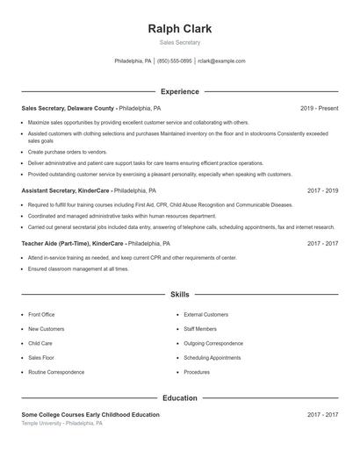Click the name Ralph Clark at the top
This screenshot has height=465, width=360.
[180, 28]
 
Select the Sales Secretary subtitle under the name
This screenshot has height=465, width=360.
[180, 42]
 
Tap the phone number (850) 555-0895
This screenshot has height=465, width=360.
[174, 61]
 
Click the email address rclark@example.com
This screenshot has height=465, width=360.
[221, 61]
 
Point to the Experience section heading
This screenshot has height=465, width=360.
[180, 91]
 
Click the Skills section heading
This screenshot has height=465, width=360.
[180, 296]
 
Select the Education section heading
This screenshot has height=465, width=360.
[180, 398]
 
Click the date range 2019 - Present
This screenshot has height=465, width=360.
[319, 108]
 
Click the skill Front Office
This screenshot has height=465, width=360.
[41, 314]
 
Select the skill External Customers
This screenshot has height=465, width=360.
[205, 314]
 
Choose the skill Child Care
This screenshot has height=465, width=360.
[40, 343]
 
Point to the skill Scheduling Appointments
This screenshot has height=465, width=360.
[212, 358]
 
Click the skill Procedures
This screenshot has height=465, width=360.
[197, 372]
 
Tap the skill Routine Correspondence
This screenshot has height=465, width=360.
[55, 372]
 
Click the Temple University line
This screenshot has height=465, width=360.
[62, 423]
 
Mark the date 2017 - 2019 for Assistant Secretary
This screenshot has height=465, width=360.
[322, 190]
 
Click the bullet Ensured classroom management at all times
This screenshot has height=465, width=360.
[78, 269]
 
